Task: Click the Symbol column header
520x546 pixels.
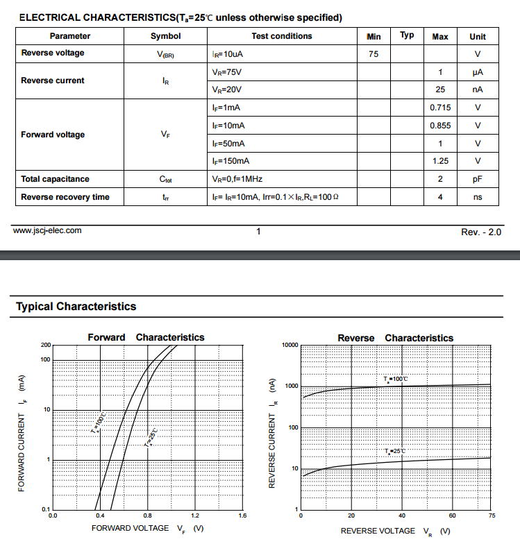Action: pyautogui.click(x=165, y=36)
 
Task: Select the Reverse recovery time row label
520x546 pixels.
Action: pyautogui.click(x=65, y=197)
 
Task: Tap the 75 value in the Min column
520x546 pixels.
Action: pyautogui.click(x=374, y=53)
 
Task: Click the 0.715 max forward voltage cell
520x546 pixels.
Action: pyautogui.click(x=440, y=108)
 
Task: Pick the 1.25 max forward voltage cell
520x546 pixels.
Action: pyautogui.click(x=440, y=161)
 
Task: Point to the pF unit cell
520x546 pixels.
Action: pyautogui.click(x=478, y=179)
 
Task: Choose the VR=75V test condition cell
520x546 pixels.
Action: pyautogui.click(x=227, y=71)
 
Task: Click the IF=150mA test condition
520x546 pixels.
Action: pyautogui.click(x=230, y=161)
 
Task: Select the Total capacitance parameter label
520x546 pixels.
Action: pyautogui.click(x=56, y=179)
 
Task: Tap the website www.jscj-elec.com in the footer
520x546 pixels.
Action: pyautogui.click(x=47, y=230)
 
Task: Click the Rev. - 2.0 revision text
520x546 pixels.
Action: pyautogui.click(x=481, y=232)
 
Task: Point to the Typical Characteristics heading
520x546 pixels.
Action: pyautogui.click(x=76, y=306)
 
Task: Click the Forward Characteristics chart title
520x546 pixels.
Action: pyautogui.click(x=146, y=337)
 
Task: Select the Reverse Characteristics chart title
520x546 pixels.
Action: pyautogui.click(x=395, y=338)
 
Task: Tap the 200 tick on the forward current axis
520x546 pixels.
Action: pyautogui.click(x=47, y=345)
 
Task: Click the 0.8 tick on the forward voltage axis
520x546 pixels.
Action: pyautogui.click(x=147, y=516)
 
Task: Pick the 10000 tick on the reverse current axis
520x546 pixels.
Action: pyautogui.click(x=290, y=345)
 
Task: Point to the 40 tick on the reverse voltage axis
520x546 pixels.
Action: pyautogui.click(x=402, y=516)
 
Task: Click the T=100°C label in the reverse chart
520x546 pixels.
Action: pyautogui.click(x=396, y=379)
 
